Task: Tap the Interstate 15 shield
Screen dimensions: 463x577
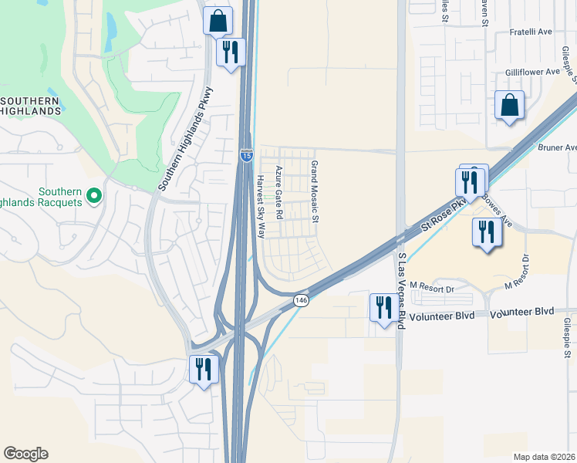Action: [246, 155]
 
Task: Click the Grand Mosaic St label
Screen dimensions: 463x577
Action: [315, 191]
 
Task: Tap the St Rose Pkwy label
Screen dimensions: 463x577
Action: [445, 217]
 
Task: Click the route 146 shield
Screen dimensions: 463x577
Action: [302, 299]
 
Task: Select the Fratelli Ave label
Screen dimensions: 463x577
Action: [531, 32]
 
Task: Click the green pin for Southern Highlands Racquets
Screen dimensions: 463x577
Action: [95, 197]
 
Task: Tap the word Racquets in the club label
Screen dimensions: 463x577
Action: [57, 202]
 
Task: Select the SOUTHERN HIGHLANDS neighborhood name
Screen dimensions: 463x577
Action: [31, 106]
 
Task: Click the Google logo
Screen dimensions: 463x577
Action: [25, 454]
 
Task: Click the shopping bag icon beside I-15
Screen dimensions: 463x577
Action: [218, 21]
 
